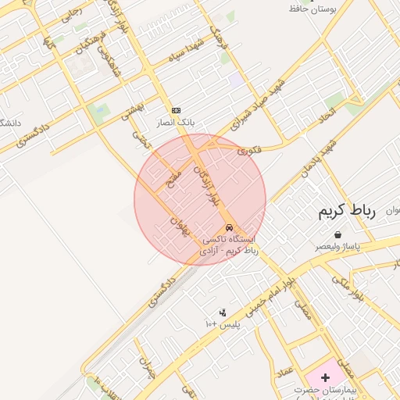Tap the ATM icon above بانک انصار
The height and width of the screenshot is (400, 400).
click(x=176, y=111)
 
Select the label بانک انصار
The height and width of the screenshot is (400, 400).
click(x=176, y=123)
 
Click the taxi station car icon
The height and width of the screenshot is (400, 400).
click(x=229, y=227)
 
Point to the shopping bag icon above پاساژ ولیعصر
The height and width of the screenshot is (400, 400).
click(x=337, y=234)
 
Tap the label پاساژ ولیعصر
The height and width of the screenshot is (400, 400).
click(x=338, y=245)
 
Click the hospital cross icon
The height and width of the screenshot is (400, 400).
click(x=326, y=377)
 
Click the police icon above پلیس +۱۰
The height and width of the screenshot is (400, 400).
click(x=223, y=312)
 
